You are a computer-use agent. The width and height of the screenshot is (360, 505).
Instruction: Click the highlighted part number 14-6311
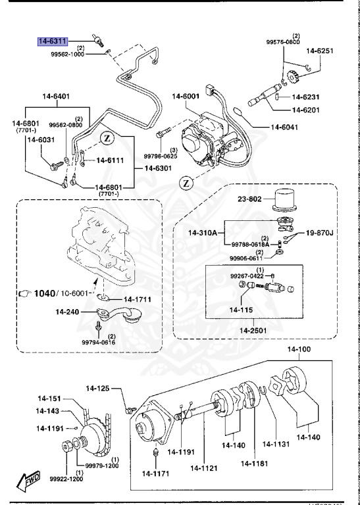click(53, 41)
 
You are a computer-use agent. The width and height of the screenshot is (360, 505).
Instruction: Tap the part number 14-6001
click(186, 97)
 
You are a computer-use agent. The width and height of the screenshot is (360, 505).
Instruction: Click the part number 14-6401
click(54, 97)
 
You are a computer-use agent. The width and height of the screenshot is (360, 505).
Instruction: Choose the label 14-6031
click(41, 139)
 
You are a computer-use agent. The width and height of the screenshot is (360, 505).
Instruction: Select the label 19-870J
click(320, 233)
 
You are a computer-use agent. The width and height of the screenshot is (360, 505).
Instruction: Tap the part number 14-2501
click(254, 329)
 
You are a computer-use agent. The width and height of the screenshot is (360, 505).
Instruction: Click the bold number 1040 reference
click(47, 293)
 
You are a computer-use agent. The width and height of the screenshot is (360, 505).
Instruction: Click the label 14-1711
click(138, 300)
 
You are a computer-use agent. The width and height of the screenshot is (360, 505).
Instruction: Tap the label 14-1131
click(277, 445)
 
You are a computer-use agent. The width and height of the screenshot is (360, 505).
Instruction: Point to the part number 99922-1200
click(66, 479)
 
